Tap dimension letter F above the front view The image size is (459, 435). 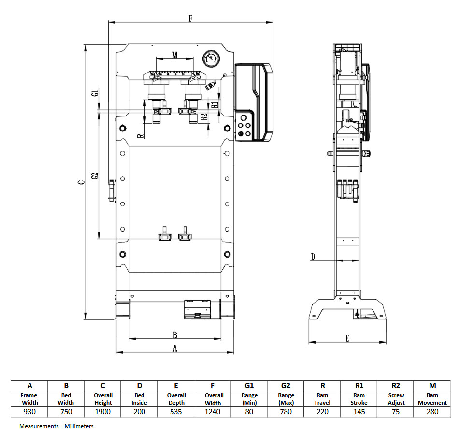coord(190,19)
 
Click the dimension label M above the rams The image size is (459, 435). coord(174,55)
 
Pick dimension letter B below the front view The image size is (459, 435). coord(175,334)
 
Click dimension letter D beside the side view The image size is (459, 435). coord(313,257)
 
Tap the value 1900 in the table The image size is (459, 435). coord(103,412)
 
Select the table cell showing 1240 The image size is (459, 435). coord(213,412)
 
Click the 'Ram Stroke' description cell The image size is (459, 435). coord(359,399)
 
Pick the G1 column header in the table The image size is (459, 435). coord(249,386)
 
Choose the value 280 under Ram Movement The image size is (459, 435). coord(432,412)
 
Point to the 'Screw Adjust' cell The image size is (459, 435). coord(396,399)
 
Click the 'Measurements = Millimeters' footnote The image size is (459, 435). coord(57,426)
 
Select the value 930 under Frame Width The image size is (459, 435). coord(29,412)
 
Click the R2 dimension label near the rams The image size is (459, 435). coord(204,116)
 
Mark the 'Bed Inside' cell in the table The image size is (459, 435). coord(139,399)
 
